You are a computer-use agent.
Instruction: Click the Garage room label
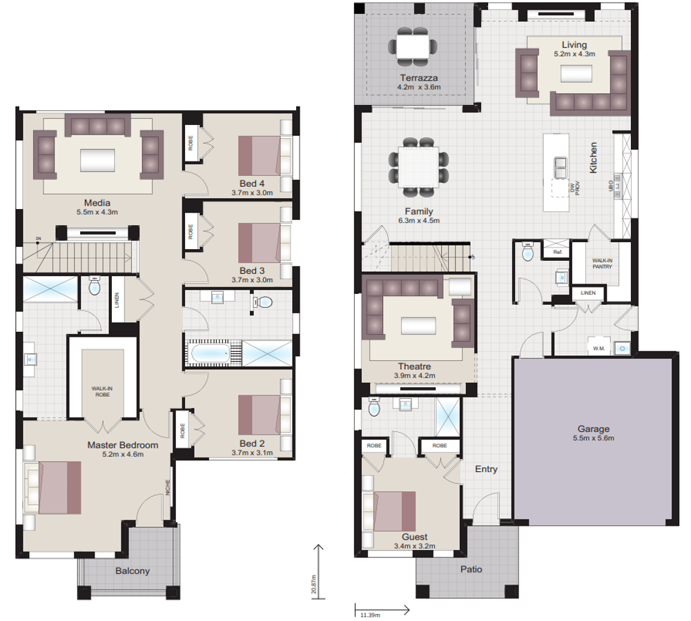pos(592,428)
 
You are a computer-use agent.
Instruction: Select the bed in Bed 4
pos(260,155)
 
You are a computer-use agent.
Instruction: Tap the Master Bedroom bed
pos(56,488)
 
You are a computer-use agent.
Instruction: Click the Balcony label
pos(133,571)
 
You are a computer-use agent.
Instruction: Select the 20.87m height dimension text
pos(313,584)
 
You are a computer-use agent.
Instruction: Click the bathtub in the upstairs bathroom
pos(210,354)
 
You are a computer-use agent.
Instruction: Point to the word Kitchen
pos(593,158)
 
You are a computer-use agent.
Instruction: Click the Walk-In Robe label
pos(102,391)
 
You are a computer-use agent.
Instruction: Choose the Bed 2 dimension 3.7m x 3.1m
pos(253,453)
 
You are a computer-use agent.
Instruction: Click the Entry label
pos(486,469)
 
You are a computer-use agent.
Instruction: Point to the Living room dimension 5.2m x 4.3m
pos(574,53)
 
